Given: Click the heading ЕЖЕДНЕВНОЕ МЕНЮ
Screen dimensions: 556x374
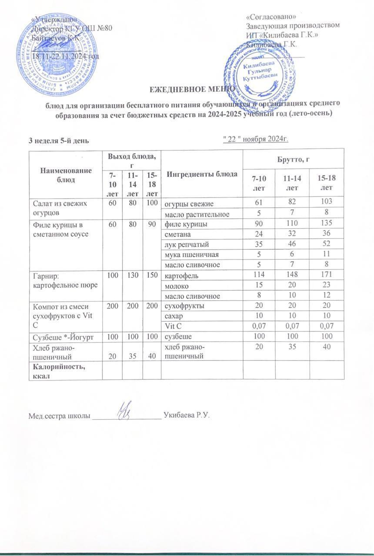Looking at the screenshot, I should click(187, 89).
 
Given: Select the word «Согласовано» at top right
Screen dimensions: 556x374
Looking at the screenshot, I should click(271, 17).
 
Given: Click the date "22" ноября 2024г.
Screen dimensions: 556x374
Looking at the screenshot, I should click(255, 139).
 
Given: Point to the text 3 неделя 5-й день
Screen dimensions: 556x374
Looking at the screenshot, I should click(59, 140).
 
